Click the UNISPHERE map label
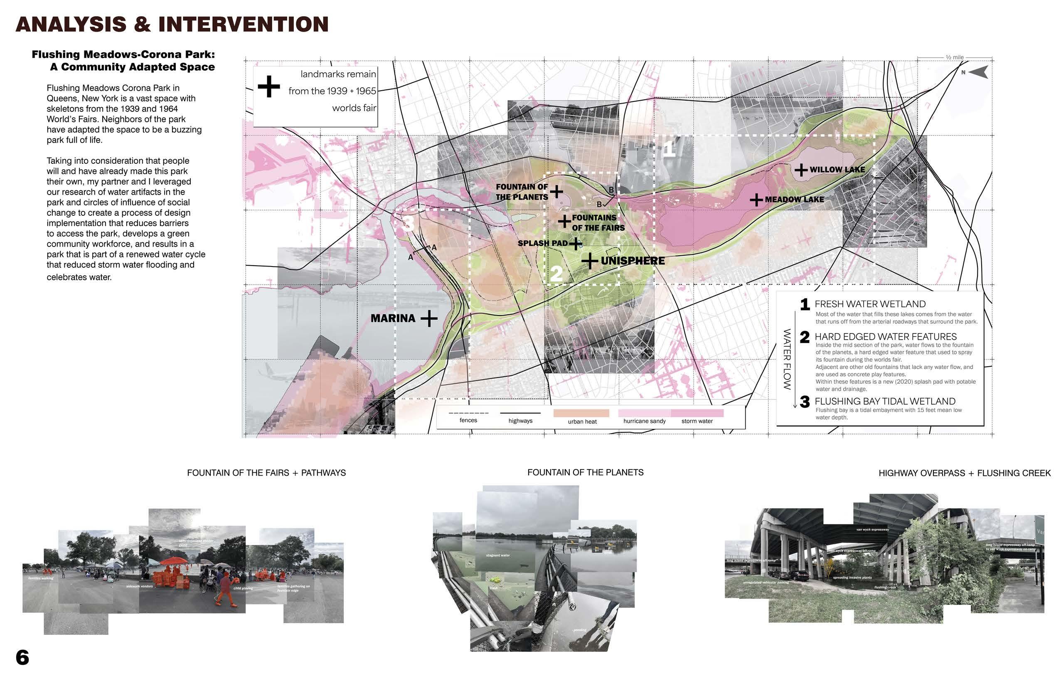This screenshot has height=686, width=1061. click(x=632, y=261)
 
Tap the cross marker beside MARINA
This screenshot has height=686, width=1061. click(x=428, y=318)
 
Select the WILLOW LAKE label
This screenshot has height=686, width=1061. click(x=837, y=170)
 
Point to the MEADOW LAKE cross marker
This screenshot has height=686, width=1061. click(x=756, y=200)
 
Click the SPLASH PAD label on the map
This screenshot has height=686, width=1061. click(x=542, y=243)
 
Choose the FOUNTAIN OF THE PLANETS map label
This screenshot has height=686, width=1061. click(x=522, y=192)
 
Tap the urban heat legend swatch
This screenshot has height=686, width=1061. click(x=581, y=413)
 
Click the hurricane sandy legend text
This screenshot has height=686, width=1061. click(x=644, y=421)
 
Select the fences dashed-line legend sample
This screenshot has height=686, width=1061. click(x=468, y=413)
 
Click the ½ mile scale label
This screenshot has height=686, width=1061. click(x=954, y=57)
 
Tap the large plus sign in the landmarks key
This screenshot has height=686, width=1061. click(x=269, y=86)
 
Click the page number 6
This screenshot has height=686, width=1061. click(x=22, y=657)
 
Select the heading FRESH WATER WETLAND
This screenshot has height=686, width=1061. click(x=869, y=304)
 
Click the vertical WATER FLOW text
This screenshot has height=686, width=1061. click(x=787, y=359)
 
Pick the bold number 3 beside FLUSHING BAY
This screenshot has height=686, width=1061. click(x=805, y=402)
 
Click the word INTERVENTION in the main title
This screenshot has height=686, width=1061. click(x=243, y=25)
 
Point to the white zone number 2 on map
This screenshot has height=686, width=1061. click(x=556, y=273)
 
